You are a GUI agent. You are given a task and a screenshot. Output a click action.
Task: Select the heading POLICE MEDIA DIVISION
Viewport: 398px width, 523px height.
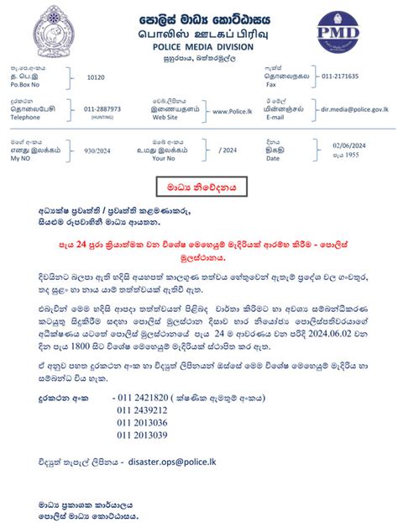click(x=198, y=47)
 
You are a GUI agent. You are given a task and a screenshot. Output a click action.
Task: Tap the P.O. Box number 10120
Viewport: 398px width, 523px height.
click(x=97, y=77)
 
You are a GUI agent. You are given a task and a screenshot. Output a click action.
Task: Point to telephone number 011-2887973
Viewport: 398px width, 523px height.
click(x=102, y=109)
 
